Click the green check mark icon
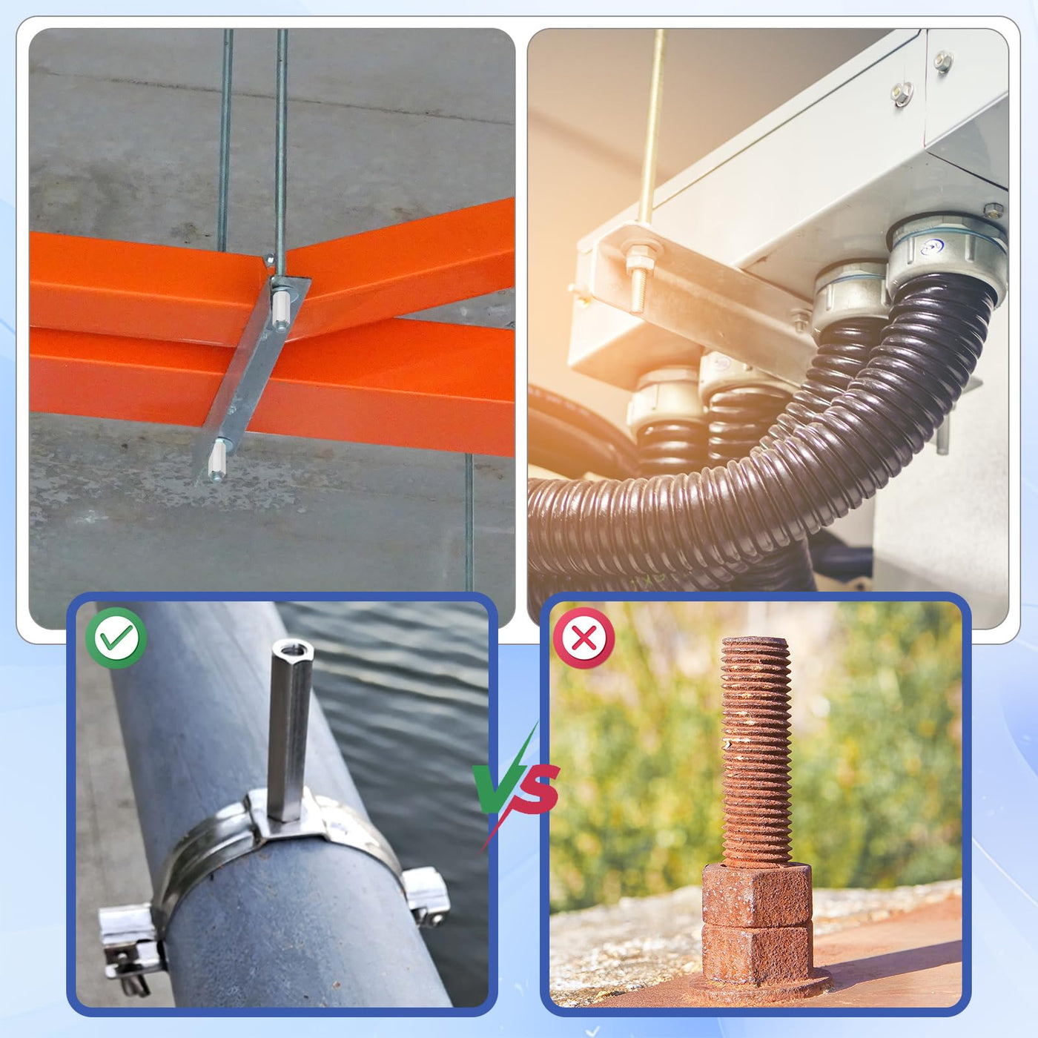[116, 638]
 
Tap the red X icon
[584, 638]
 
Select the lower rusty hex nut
[757, 954]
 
